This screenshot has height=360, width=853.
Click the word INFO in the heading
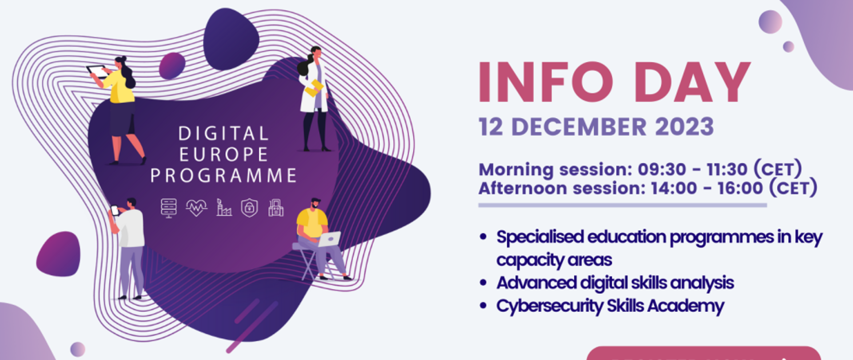(x=546, y=82)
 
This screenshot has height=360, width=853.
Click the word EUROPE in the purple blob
(x=223, y=155)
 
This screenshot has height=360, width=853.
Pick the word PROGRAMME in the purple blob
(x=223, y=176)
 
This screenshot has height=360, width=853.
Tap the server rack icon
(x=169, y=208)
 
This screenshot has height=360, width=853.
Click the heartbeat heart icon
(x=196, y=208)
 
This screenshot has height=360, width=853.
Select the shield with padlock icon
(x=249, y=208)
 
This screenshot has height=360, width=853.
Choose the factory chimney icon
(x=224, y=208)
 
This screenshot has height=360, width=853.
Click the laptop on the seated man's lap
(x=329, y=239)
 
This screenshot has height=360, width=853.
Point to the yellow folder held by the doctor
(x=314, y=88)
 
